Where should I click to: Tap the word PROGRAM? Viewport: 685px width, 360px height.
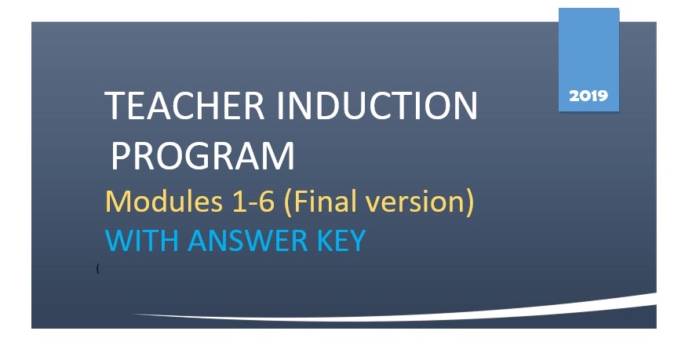202,156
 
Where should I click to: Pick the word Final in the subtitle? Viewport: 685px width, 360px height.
324,202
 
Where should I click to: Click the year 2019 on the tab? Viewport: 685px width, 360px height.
588,96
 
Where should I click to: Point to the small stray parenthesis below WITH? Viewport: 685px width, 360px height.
97,269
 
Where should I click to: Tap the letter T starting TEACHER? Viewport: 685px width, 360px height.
115,107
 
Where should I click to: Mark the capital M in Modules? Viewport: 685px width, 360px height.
117,202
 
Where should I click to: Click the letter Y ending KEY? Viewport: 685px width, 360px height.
357,240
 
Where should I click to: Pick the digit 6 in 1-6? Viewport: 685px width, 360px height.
267,202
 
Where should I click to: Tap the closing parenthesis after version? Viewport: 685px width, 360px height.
470,202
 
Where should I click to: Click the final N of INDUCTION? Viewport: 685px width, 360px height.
465,107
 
